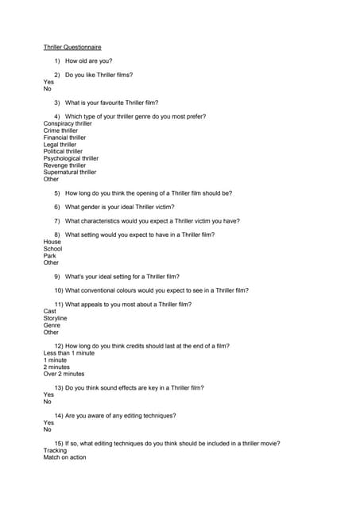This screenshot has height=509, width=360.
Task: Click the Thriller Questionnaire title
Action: coord(72,47)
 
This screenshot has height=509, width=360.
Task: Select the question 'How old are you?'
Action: coord(89,61)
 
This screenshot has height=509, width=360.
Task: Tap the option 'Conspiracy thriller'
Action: coord(68,124)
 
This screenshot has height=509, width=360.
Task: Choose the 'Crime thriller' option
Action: coord(60,131)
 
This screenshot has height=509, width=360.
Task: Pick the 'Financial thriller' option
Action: coord(64,138)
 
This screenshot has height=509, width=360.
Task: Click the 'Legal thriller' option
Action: coord(60,145)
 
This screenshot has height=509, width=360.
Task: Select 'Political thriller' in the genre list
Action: coord(63,151)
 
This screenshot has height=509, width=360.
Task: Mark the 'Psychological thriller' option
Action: coord(71,158)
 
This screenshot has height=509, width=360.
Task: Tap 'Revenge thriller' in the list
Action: coord(64,165)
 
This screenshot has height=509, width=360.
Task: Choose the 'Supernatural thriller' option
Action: coord(70,172)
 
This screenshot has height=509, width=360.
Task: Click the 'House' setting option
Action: coord(52,242)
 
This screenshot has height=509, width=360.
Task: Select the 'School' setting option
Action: coord(52,249)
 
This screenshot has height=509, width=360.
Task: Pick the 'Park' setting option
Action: coord(50,255)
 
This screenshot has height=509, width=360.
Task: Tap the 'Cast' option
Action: coord(50,311)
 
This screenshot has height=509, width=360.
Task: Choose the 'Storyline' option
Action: coord(56,318)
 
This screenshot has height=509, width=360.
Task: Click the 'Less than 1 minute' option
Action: coord(69,353)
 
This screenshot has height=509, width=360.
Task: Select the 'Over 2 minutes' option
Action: coord(64,374)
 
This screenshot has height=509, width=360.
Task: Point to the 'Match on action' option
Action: coord(64,457)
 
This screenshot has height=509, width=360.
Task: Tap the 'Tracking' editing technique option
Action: coord(56,450)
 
